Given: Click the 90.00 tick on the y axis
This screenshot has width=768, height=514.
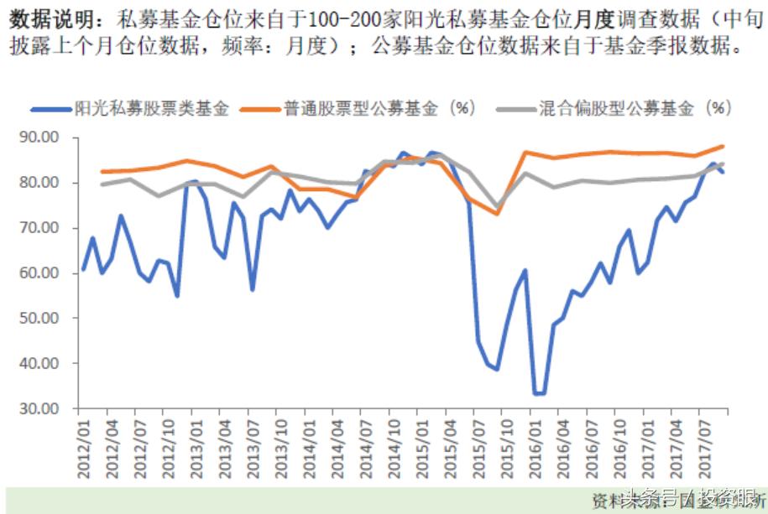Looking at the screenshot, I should pyautogui.click(x=38, y=138).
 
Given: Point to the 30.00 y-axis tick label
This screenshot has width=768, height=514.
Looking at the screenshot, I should pyautogui.click(x=38, y=408).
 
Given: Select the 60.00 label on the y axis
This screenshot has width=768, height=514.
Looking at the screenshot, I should pyautogui.click(x=38, y=273).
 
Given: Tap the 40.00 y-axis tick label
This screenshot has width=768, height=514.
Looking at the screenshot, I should pyautogui.click(x=38, y=363).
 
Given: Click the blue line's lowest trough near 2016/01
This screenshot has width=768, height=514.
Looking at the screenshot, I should pyautogui.click(x=538, y=393).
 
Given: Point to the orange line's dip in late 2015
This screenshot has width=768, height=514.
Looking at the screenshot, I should pyautogui.click(x=497, y=213).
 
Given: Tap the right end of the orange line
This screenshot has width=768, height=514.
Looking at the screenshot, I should pyautogui.click(x=723, y=146).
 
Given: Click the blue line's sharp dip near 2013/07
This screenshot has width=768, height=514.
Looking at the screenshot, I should pyautogui.click(x=252, y=290).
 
